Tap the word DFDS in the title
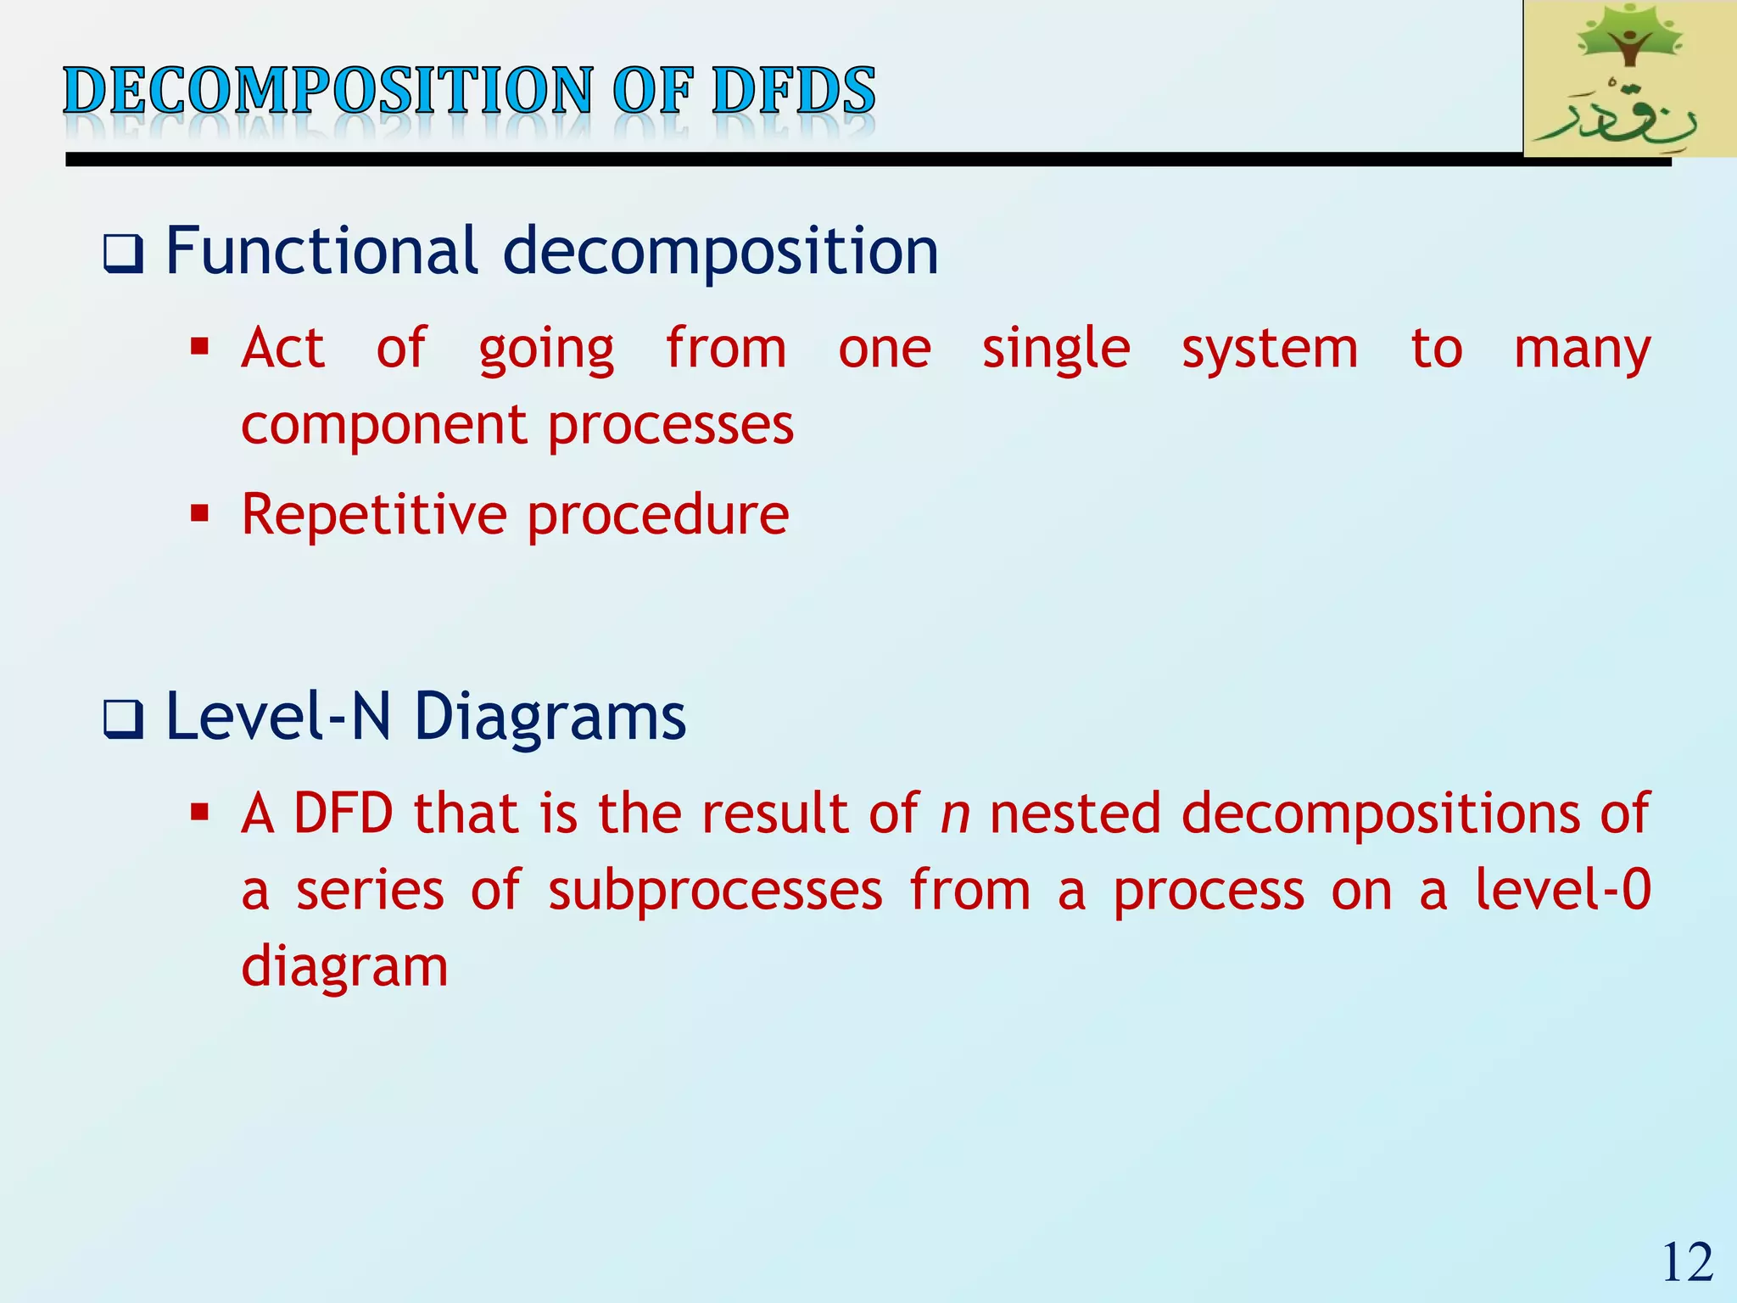tap(793, 91)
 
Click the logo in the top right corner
tap(1629, 79)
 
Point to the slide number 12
tap(1687, 1262)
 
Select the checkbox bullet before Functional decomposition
tap(123, 254)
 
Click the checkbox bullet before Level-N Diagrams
tap(123, 719)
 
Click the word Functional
tap(321, 251)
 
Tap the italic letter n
tap(956, 814)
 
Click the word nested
tap(1075, 813)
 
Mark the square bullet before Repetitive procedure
tap(200, 513)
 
